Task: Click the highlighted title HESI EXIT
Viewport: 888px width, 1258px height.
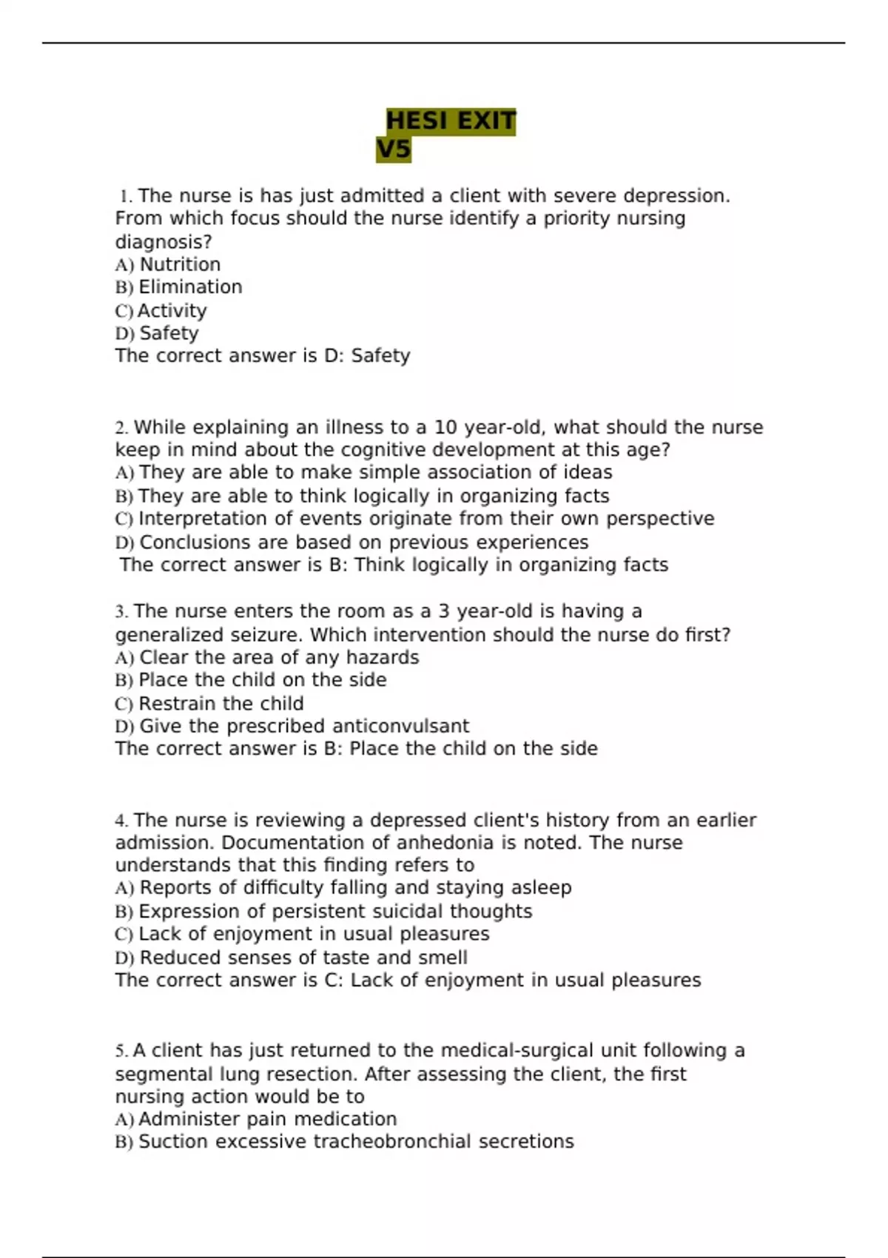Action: point(451,121)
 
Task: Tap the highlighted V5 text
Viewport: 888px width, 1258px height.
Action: point(393,149)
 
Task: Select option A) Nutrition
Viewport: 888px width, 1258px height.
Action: point(168,264)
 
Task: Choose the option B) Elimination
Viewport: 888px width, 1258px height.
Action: point(178,287)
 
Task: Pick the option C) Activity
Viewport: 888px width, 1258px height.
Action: point(161,311)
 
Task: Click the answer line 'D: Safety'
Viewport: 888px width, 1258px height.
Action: point(367,356)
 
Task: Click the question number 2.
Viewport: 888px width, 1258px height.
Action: point(121,428)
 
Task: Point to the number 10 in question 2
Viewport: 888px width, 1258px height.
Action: point(445,428)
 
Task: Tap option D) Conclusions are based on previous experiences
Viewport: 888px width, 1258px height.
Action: point(351,542)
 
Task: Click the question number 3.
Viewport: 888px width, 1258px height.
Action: point(121,612)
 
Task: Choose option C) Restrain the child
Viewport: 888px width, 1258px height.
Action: point(209,704)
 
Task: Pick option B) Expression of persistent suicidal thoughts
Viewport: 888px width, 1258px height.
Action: point(323,911)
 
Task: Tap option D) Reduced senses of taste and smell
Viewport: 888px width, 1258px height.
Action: point(291,958)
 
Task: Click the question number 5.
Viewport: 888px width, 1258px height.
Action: point(121,1051)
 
